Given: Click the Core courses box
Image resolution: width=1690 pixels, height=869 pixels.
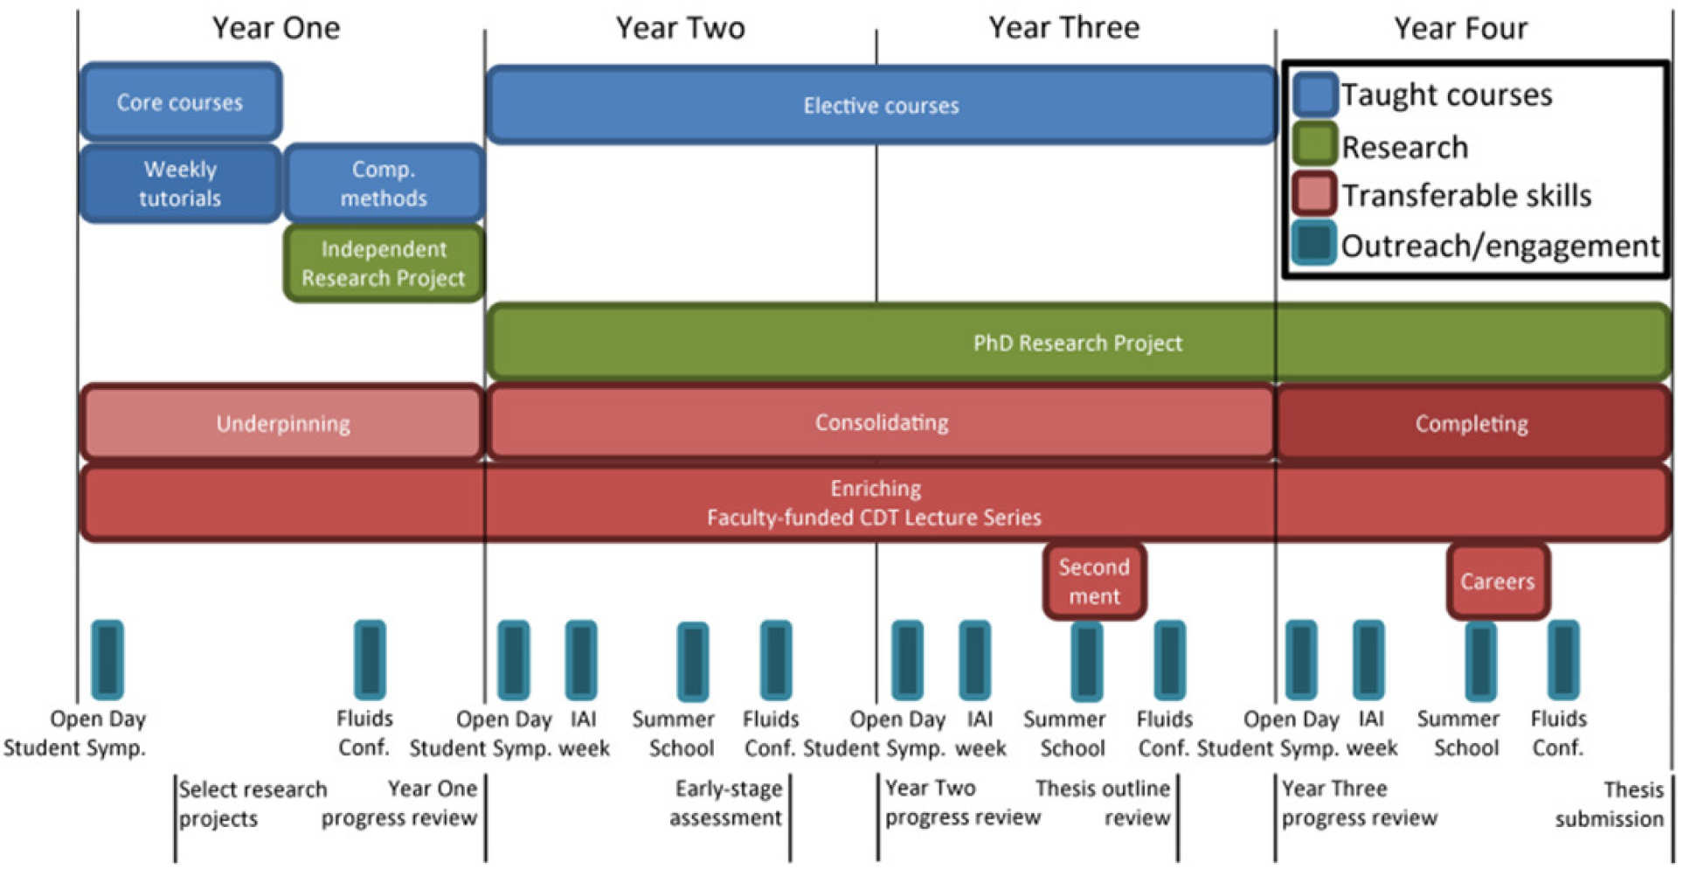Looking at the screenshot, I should pyautogui.click(x=180, y=101).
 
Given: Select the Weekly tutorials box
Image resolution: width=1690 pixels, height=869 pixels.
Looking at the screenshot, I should pyautogui.click(x=180, y=184).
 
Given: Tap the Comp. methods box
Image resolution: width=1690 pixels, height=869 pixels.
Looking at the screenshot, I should pyautogui.click(x=384, y=184).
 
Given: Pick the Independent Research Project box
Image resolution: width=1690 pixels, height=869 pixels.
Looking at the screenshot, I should pyautogui.click(x=384, y=263).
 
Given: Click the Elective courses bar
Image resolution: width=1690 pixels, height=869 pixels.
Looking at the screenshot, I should pyautogui.click(x=881, y=105).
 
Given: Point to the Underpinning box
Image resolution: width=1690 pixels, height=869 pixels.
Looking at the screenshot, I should pyautogui.click(x=282, y=423).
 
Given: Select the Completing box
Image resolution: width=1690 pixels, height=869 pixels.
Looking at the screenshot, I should pyautogui.click(x=1472, y=423).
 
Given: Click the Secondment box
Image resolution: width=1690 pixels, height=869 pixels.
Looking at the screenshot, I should pyautogui.click(x=1094, y=581).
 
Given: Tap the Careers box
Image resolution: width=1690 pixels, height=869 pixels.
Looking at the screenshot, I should pyautogui.click(x=1497, y=581).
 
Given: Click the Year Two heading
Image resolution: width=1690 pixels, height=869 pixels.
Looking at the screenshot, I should pyautogui.click(x=680, y=28).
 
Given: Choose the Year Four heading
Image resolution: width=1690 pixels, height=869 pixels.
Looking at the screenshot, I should pyautogui.click(x=1460, y=28).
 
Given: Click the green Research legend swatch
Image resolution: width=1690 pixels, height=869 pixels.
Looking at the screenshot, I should pyautogui.click(x=1314, y=145).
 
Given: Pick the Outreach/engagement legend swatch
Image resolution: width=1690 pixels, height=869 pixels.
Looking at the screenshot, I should pyautogui.click(x=1314, y=243).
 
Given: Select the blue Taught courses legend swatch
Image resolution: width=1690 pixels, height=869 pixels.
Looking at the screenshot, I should pyautogui.click(x=1314, y=94).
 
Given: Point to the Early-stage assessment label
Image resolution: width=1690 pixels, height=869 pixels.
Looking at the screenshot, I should pyautogui.click(x=726, y=803).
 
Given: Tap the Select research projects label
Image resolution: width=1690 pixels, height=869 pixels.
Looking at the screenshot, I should pyautogui.click(x=253, y=803).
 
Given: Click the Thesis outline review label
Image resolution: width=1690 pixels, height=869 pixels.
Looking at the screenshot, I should pyautogui.click(x=1103, y=803).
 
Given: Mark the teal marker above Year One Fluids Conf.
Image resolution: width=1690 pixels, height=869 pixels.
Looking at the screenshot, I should pyautogui.click(x=369, y=660).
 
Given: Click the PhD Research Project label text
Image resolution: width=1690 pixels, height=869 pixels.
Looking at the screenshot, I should pyautogui.click(x=1077, y=343).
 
